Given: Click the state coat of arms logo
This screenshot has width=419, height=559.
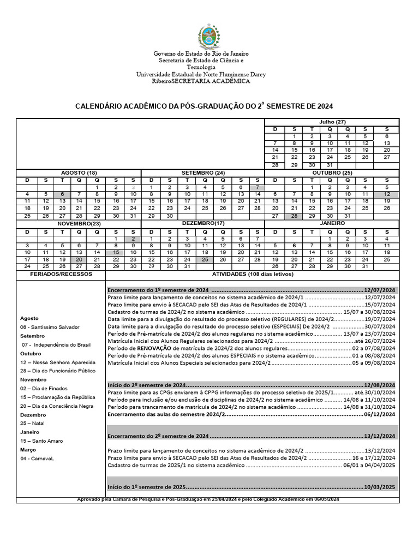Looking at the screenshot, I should coord(208,37).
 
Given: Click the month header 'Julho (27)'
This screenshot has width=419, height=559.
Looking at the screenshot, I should coord(332,122).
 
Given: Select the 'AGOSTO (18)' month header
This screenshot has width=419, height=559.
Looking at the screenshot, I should coord(79,173).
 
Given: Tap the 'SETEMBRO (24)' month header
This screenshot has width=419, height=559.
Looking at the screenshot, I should coord(203,173).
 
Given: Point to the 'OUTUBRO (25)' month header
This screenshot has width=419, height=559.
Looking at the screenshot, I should coord(332,173).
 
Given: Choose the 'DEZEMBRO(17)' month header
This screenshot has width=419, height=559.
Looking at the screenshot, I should coord(203,223).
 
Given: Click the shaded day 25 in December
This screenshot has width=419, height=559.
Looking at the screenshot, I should coord(205,259).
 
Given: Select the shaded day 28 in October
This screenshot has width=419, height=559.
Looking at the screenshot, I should coord(294,216).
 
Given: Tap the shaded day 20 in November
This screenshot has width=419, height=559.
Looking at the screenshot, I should coord(79,259).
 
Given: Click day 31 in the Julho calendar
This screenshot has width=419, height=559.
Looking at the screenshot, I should coord(330,165).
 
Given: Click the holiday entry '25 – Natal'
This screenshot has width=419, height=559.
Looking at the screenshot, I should coord(33,423).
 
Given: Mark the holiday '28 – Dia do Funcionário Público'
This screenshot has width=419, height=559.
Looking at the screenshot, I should coord(58,371).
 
